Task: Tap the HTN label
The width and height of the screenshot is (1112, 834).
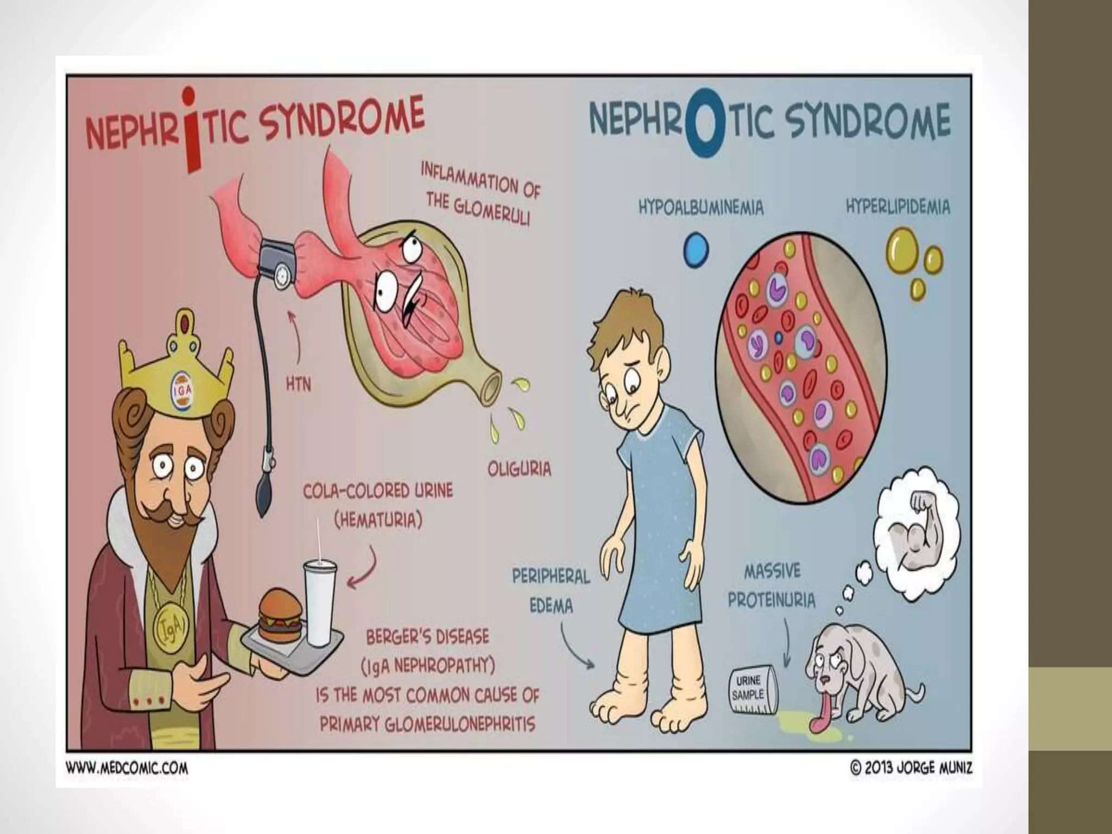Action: click(298, 385)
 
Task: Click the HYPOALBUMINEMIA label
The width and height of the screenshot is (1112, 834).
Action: click(700, 208)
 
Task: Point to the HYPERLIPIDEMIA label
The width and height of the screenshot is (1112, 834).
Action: click(898, 207)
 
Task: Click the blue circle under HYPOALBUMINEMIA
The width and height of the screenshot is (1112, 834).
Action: click(696, 250)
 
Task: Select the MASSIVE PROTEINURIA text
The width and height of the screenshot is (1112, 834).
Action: click(772, 585)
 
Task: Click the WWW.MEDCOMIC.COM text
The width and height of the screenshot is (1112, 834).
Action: click(127, 769)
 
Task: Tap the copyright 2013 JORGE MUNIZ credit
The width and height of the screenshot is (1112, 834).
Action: click(911, 768)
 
